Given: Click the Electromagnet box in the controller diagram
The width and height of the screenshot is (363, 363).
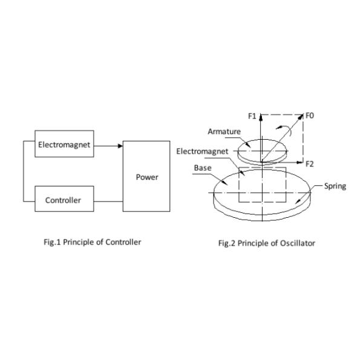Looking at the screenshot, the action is click(64, 144).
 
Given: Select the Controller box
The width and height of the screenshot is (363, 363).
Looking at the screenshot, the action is click(64, 198).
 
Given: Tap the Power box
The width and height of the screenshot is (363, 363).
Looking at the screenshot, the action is click(146, 176).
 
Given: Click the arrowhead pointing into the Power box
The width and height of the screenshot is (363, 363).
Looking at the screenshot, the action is click(120, 146).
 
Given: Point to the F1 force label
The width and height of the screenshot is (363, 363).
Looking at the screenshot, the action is click(252, 116).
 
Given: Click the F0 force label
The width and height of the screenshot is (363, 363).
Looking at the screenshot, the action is click(310, 116).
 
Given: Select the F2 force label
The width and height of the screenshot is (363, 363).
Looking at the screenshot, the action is click(310, 164).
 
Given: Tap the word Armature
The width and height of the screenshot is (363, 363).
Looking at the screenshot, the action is click(224, 131).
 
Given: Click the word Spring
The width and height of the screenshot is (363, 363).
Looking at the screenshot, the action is click(335, 186).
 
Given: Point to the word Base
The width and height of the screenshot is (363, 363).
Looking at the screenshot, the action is click(203, 168).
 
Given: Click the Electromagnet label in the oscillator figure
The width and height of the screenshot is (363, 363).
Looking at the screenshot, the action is click(202, 151).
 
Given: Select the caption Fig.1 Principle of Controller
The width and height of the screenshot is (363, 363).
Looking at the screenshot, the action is click(93, 242).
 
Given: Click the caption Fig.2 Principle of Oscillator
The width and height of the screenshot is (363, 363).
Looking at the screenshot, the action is click(267, 243).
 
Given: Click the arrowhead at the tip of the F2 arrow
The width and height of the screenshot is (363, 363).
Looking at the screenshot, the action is click(300, 163).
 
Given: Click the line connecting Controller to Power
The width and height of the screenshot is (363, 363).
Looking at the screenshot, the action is click(108, 201).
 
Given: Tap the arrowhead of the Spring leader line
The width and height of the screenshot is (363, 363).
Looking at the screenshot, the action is click(298, 201).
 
